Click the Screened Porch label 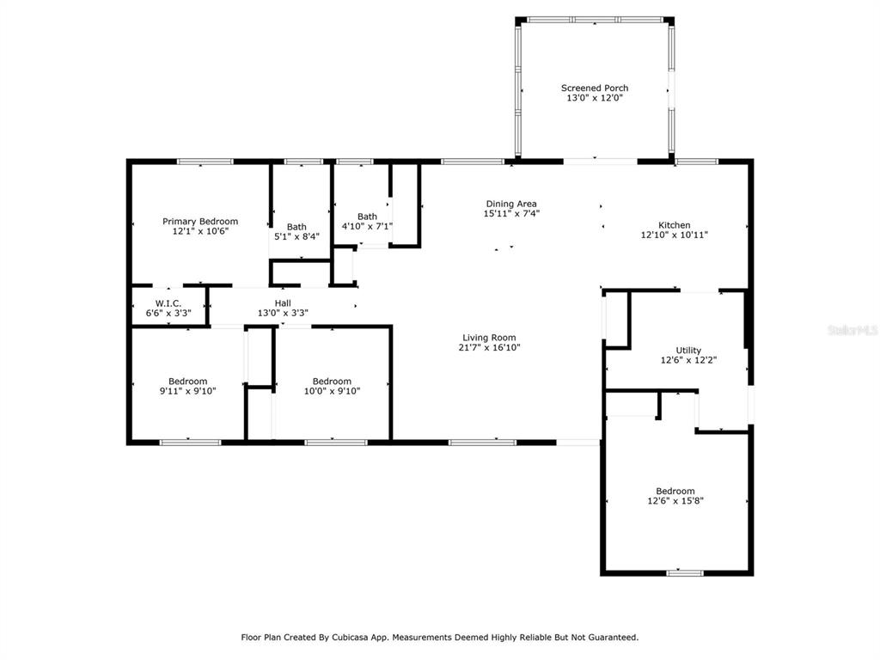point(595,89)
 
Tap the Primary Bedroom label point(199,222)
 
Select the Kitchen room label point(674,225)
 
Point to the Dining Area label point(511,205)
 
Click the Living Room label point(489,338)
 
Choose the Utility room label point(688,351)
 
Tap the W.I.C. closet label point(168,303)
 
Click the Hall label point(283,303)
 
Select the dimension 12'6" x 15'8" point(675,501)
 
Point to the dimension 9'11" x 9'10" point(187,391)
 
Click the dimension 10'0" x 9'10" point(332,391)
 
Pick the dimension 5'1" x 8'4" point(296,237)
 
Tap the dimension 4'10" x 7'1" point(367,226)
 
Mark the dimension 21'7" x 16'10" point(489,348)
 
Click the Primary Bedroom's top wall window point(205,162)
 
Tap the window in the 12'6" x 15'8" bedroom point(685,573)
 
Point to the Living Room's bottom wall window point(482,443)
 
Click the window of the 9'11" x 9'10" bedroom point(190,443)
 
